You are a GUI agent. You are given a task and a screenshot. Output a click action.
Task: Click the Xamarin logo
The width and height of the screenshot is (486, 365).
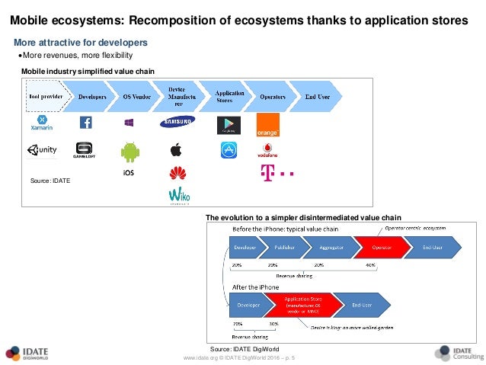point(41,123)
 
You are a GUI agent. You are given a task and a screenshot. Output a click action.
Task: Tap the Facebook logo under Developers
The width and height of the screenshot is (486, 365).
point(85,123)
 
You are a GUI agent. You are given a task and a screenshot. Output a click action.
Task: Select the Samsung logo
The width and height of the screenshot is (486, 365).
point(177,121)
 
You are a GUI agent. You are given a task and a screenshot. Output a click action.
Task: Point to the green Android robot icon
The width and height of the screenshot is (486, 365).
point(130,152)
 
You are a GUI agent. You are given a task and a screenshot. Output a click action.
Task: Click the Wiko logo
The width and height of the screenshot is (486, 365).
point(178,196)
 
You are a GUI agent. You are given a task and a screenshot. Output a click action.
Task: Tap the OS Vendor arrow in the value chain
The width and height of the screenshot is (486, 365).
point(137,97)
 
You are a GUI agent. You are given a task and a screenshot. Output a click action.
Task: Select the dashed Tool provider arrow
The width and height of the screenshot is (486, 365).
point(45,97)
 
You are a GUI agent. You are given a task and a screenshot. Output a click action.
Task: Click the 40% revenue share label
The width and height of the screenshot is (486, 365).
point(371,264)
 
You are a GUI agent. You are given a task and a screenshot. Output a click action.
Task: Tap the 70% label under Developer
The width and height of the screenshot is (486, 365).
point(237,323)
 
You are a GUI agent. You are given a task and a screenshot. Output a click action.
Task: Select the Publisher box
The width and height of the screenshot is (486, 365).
point(278,248)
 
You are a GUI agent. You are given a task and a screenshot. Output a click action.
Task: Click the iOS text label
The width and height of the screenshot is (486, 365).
point(129,172)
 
